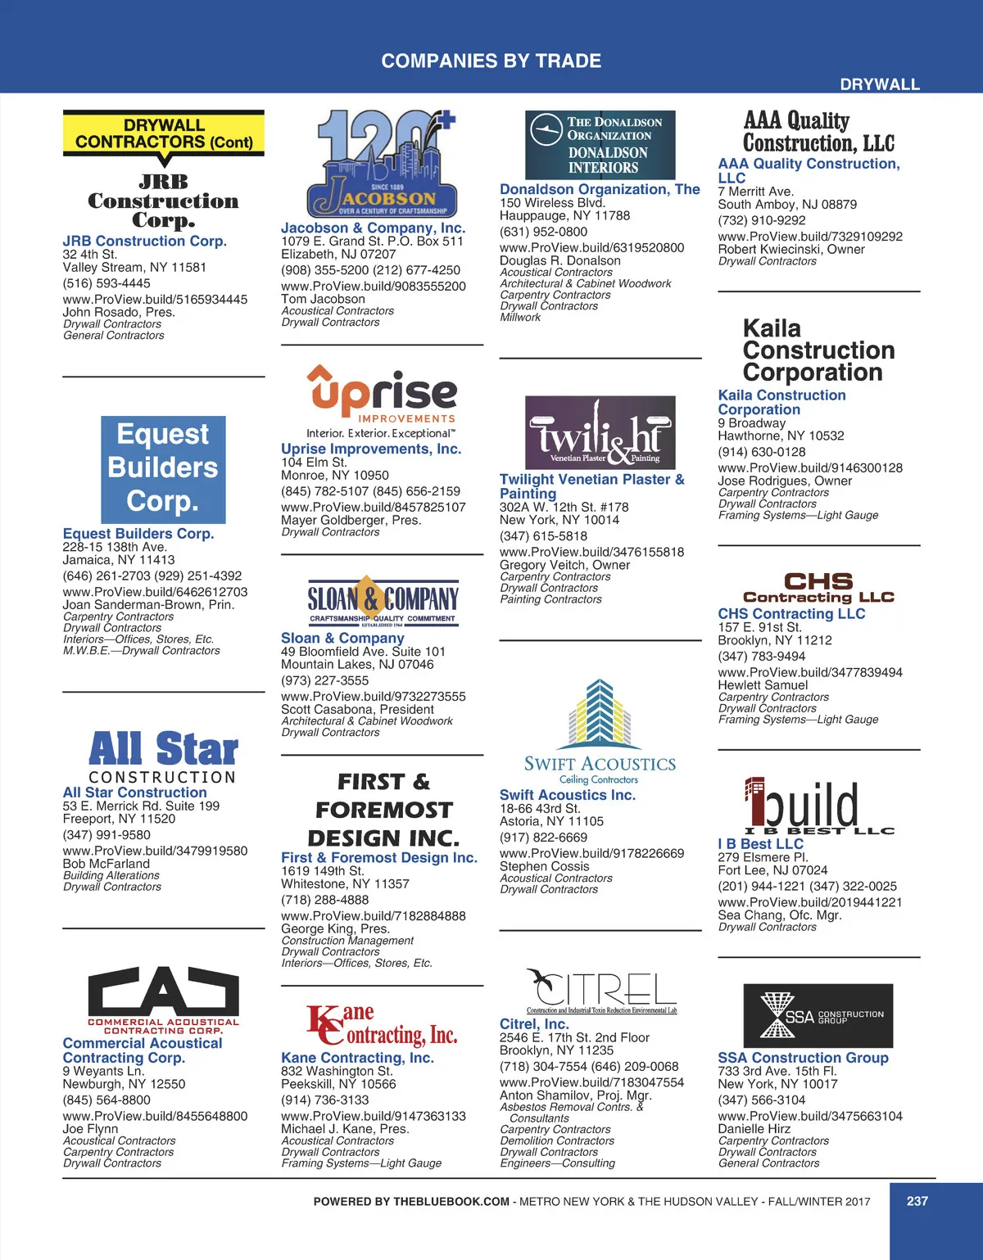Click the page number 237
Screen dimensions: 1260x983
[917, 1201]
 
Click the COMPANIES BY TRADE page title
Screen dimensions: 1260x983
[491, 61]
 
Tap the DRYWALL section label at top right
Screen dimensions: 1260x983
[880, 84]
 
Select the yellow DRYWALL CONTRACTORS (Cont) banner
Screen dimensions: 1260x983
[164, 133]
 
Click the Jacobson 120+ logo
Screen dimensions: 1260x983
[382, 164]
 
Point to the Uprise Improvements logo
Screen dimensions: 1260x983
[382, 401]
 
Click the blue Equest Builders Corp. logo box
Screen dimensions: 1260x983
[163, 468]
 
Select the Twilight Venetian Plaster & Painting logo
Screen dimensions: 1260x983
[600, 432]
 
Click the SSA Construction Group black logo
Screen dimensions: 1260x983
[818, 1016]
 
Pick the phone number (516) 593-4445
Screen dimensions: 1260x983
[106, 283]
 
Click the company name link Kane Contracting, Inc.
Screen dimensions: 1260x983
[357, 1058]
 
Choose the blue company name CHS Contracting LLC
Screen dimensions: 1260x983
[791, 614]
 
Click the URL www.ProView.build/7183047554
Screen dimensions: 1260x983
[591, 1082]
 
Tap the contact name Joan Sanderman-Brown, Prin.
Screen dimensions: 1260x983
[148, 605]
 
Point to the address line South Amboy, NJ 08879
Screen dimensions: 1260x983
[787, 205]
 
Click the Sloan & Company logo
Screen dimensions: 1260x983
[383, 603]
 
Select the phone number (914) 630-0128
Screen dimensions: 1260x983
[762, 452]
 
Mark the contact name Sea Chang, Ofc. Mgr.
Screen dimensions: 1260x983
[779, 915]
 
